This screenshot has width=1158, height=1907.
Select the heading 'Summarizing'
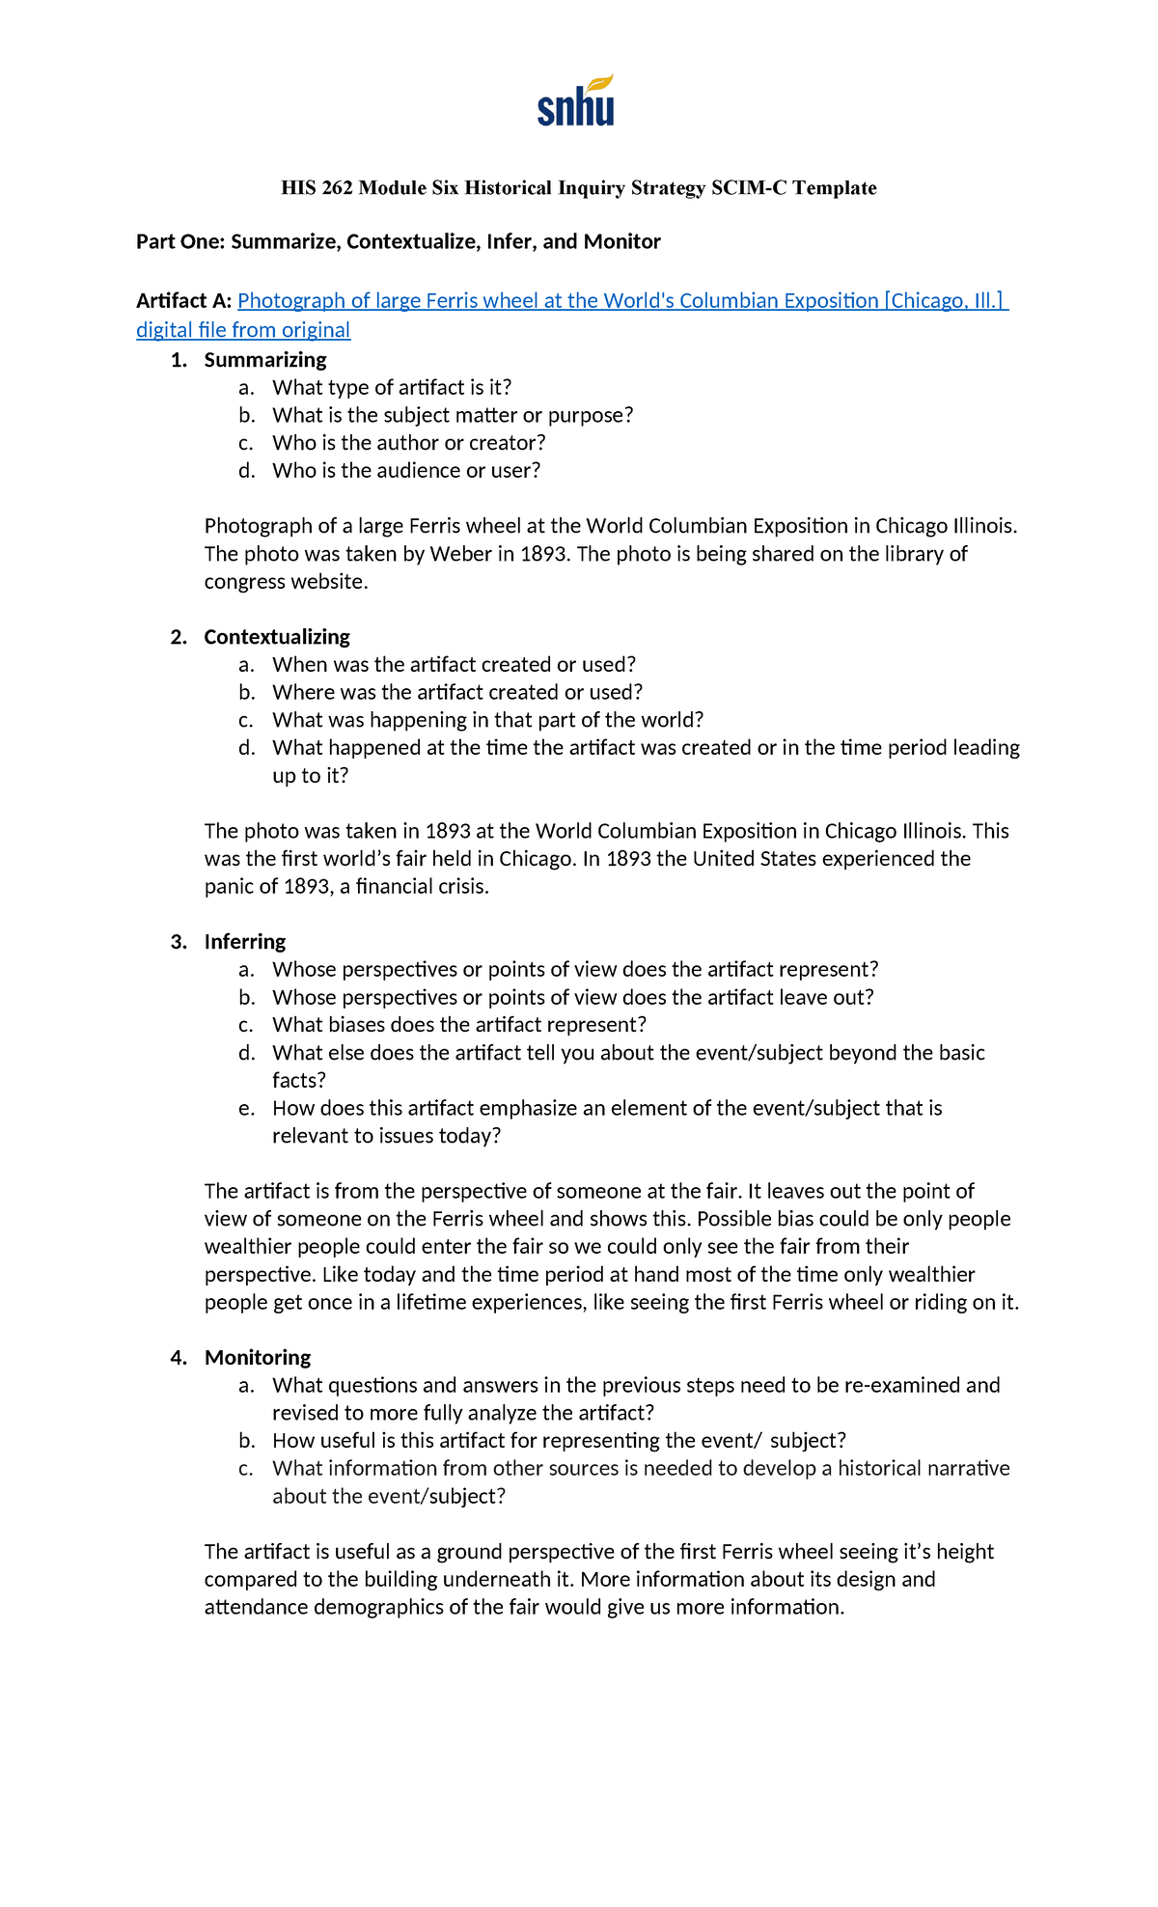pyautogui.click(x=264, y=360)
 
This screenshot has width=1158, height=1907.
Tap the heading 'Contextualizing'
pyautogui.click(x=276, y=637)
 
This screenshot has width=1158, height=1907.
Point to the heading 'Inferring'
pyautogui.click(x=244, y=942)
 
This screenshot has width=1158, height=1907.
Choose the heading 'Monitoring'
pyautogui.click(x=257, y=1358)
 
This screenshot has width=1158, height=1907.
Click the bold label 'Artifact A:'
pyautogui.click(x=183, y=301)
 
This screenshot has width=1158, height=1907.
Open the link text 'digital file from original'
pyautogui.click(x=243, y=330)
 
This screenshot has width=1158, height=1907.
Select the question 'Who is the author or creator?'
pyautogui.click(x=408, y=443)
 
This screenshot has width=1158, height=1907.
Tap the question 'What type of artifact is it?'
pyautogui.click(x=391, y=388)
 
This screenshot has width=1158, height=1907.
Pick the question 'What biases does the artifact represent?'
pyautogui.click(x=458, y=1025)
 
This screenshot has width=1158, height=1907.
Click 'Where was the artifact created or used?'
pyautogui.click(x=456, y=693)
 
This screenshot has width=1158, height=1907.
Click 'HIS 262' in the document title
pyautogui.click(x=317, y=188)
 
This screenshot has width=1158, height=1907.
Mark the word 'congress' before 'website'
pyautogui.click(x=249, y=582)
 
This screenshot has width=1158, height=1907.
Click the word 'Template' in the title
pyautogui.click(x=835, y=188)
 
